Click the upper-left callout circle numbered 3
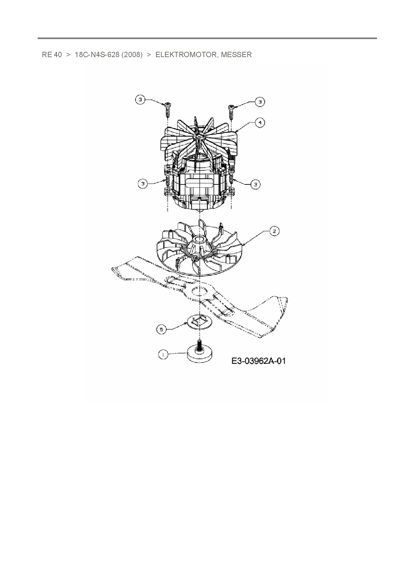[141, 100]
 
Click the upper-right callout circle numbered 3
[260, 102]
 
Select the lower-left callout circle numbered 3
[143, 183]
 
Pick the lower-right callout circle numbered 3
[256, 184]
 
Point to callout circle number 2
[274, 231]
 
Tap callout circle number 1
[163, 355]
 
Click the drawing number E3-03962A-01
[258, 361]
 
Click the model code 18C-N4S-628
[97, 55]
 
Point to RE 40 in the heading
[52, 55]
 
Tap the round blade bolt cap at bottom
[200, 355]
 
